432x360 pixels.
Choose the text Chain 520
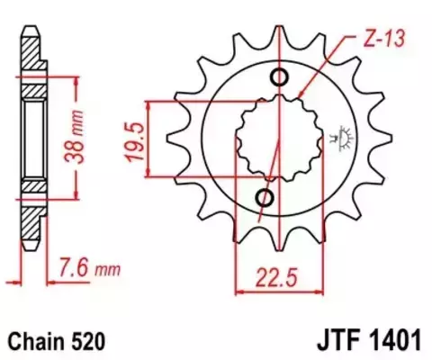(x=58, y=342)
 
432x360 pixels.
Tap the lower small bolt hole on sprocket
(x=265, y=196)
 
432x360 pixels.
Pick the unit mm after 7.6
(x=108, y=267)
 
